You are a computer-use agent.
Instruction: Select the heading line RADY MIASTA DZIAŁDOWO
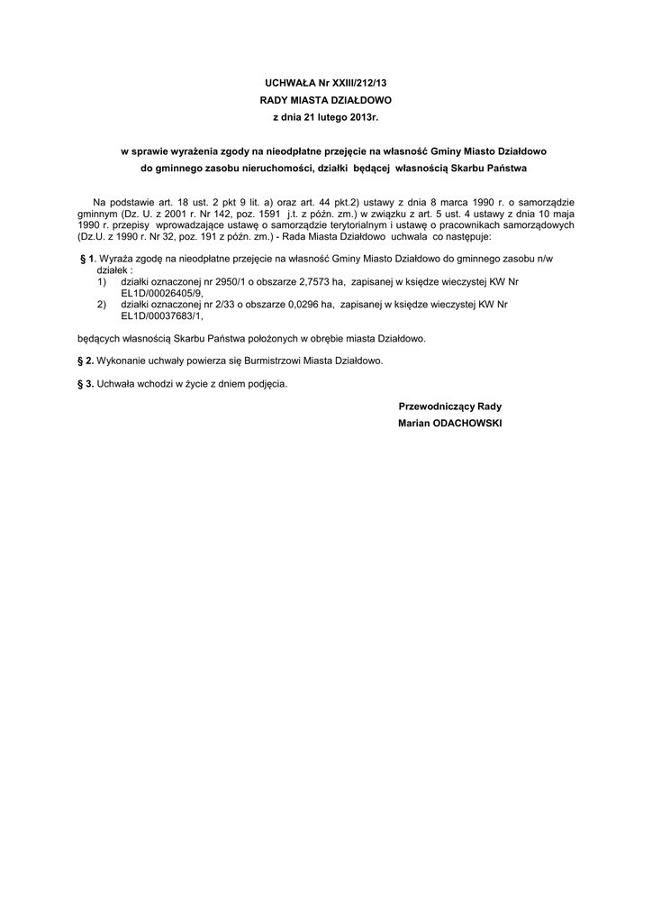(325, 100)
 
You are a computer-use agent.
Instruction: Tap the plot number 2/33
(198, 306)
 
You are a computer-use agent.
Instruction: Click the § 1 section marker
(86, 260)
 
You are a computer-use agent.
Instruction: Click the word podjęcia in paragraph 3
(267, 384)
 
